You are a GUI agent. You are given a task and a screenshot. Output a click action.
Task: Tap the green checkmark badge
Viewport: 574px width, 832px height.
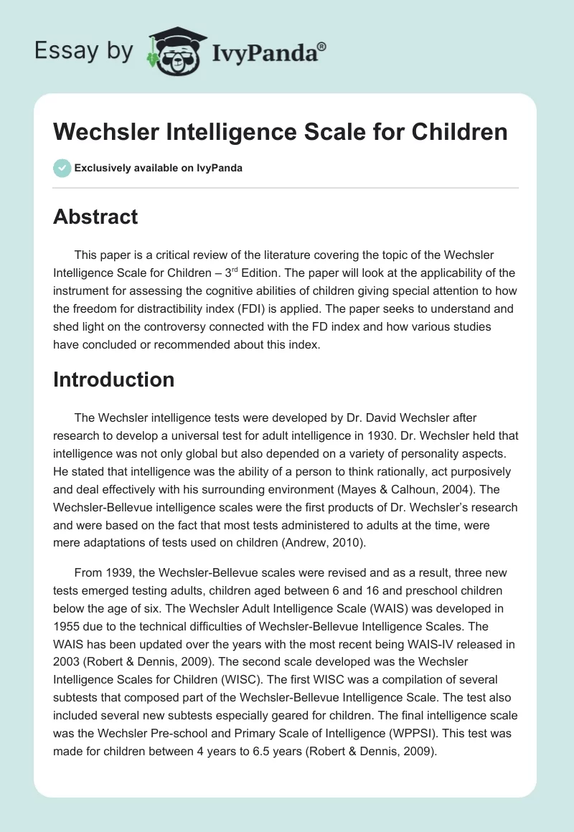62,168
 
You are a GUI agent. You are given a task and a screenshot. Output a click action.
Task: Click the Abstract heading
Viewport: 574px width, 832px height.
95,217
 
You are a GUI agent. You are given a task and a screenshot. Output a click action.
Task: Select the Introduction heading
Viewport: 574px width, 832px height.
113,379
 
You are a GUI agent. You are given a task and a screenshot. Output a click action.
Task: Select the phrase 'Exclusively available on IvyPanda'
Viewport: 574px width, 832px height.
159,168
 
